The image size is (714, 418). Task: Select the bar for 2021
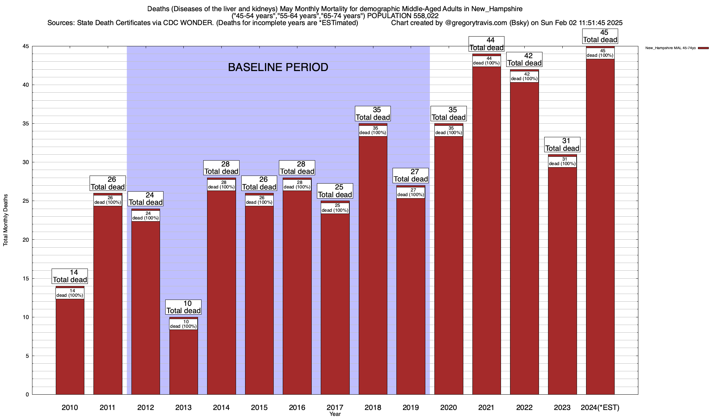pyautogui.click(x=486, y=230)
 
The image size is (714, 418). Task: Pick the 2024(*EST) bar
pyautogui.click(x=600, y=226)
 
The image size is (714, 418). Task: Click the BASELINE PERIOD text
pyautogui.click(x=278, y=67)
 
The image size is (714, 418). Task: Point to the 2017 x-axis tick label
pyautogui.click(x=335, y=408)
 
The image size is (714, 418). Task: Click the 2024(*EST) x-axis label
pyautogui.click(x=600, y=408)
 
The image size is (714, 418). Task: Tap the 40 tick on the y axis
pyautogui.click(x=26, y=85)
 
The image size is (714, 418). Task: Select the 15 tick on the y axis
pyautogui.click(x=26, y=279)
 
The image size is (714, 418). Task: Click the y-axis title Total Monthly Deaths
pyautogui.click(x=6, y=220)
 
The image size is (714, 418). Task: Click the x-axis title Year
pyautogui.click(x=335, y=414)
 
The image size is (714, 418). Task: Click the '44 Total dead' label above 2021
pyautogui.click(x=486, y=44)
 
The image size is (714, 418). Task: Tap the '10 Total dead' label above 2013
pyautogui.click(x=183, y=307)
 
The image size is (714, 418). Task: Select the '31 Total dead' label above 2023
pyautogui.click(x=562, y=145)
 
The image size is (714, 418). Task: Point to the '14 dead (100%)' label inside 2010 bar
pyautogui.click(x=70, y=293)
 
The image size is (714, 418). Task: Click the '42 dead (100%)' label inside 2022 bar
pyautogui.click(x=524, y=77)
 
